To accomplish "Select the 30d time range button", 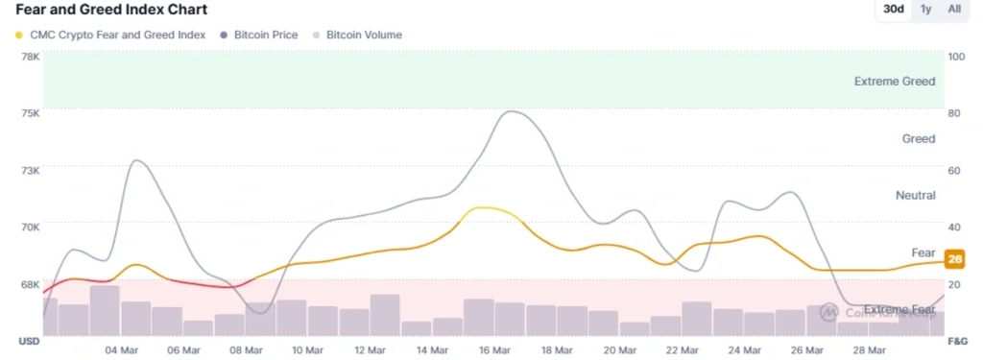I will (x=893, y=10).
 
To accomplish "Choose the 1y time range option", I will (x=925, y=10).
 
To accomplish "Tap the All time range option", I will (x=954, y=10).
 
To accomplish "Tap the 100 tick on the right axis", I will (x=955, y=57).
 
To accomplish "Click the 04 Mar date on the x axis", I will (x=120, y=350).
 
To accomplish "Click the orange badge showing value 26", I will (x=955, y=258).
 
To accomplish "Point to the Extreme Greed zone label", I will (x=894, y=82).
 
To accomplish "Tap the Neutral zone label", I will (x=915, y=195).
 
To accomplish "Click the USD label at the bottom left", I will (x=29, y=342).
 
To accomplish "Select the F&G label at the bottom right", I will (x=957, y=342).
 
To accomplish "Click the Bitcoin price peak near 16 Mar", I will (x=511, y=111).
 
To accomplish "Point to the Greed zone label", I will (x=918, y=139).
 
